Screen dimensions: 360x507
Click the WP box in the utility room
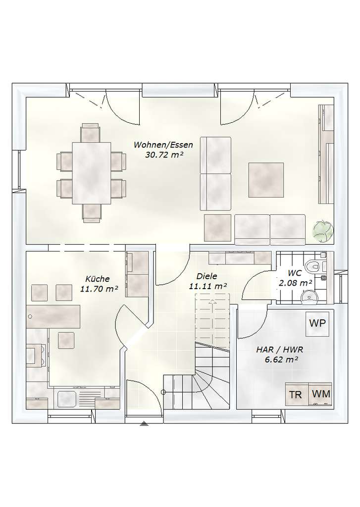point(317,324)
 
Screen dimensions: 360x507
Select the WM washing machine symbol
point(320,394)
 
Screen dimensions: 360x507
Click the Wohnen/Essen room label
point(163,145)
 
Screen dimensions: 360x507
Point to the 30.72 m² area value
point(164,155)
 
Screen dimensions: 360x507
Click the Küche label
point(98,279)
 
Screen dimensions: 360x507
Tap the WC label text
point(294,273)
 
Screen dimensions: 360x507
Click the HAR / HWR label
point(279,349)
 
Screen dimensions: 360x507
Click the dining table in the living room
point(92,173)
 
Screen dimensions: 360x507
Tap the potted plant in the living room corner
point(323,230)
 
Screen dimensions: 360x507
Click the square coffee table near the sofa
point(266,180)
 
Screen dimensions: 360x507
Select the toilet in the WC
point(313,266)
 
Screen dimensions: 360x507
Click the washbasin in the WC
point(309,297)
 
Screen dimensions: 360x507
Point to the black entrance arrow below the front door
point(144,424)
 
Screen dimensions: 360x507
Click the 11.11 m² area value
point(207,287)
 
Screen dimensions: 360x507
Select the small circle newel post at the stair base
point(163,392)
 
